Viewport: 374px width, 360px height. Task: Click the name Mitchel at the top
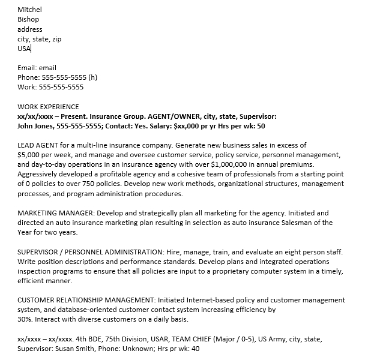(x=29, y=10)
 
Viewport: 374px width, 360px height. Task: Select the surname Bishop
(x=28, y=19)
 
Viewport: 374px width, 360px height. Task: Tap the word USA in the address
(x=24, y=49)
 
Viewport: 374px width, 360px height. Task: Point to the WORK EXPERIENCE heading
(x=48, y=107)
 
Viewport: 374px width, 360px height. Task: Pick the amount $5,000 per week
(x=47, y=155)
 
